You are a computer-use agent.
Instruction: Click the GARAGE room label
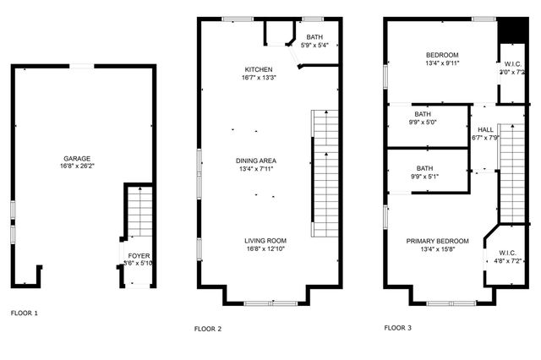tap(76, 158)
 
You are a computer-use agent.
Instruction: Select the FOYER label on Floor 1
tap(139, 255)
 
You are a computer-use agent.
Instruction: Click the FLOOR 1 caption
tap(25, 313)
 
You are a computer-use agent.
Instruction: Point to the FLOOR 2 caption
tap(207, 328)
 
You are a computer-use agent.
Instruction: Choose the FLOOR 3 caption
tap(397, 327)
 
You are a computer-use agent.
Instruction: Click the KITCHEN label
tap(259, 69)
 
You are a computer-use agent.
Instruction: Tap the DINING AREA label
tap(256, 160)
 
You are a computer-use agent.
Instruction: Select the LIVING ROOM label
tap(265, 240)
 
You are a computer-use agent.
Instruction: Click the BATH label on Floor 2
tap(314, 37)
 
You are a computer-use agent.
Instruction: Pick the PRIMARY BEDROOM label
tap(437, 241)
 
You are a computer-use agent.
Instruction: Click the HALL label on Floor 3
tap(486, 129)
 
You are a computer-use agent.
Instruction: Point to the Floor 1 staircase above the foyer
tap(139, 212)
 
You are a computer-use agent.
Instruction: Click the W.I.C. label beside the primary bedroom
tap(507, 253)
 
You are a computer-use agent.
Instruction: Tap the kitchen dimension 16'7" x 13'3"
tap(259, 78)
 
